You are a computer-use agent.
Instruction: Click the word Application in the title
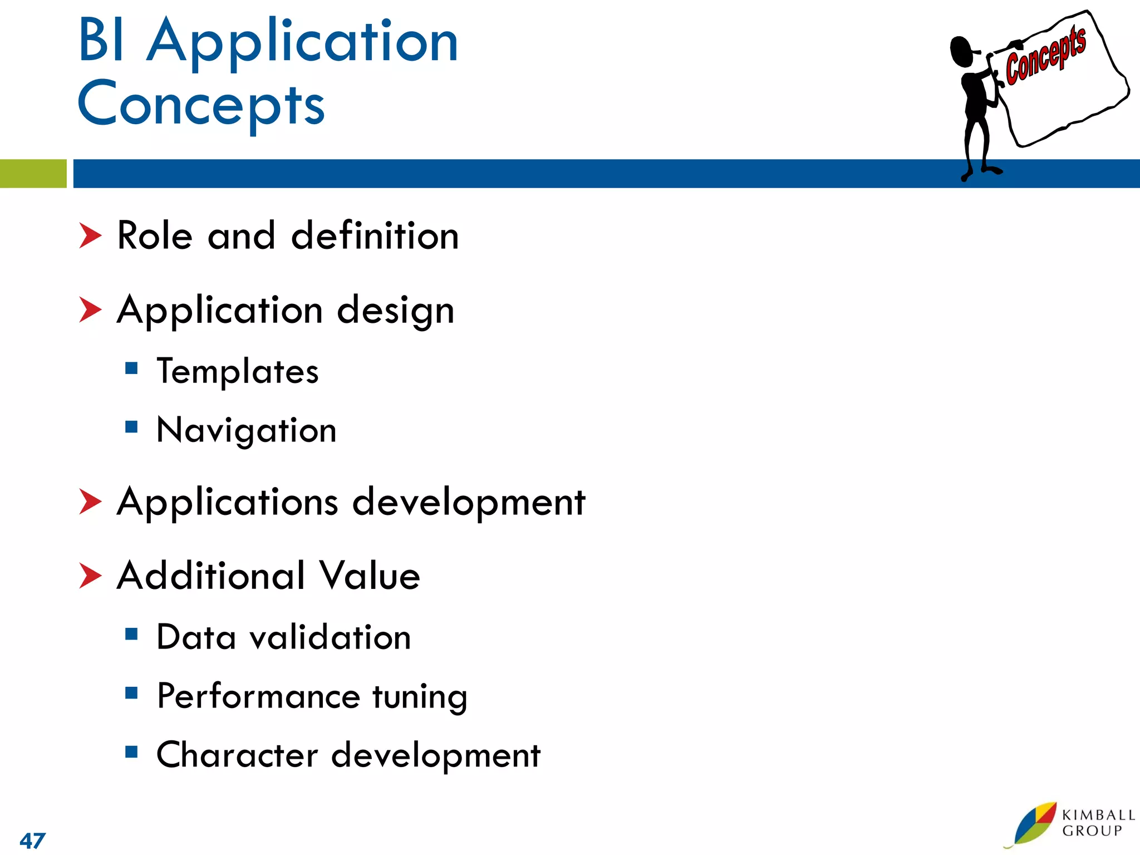click(303, 42)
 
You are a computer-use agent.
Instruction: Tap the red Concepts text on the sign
click(1045, 56)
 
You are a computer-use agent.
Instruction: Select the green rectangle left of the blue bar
click(33, 173)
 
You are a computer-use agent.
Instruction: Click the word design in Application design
click(396, 311)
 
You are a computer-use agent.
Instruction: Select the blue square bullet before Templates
click(131, 368)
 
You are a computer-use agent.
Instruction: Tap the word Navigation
click(247, 430)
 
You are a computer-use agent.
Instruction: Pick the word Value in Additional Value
click(369, 576)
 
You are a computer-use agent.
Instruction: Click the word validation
click(330, 637)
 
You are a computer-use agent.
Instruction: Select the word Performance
click(259, 696)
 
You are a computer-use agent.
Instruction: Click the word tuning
click(420, 696)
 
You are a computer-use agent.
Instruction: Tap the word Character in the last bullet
click(237, 755)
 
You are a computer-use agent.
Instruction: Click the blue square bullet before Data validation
click(131, 634)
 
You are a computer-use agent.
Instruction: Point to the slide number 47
click(32, 840)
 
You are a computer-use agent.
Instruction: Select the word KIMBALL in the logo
click(1098, 815)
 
